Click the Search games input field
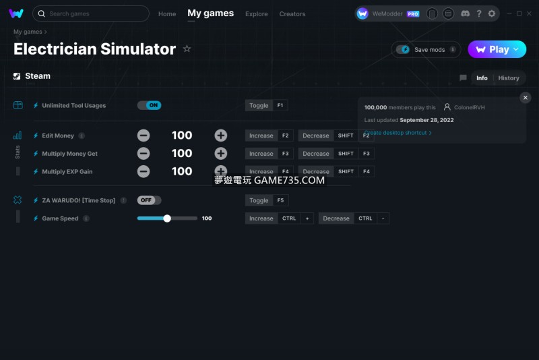(x=91, y=13)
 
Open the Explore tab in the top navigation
(x=257, y=14)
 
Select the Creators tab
(x=292, y=14)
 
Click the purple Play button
(x=497, y=49)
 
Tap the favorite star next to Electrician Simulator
(x=187, y=49)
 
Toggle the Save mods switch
(x=402, y=49)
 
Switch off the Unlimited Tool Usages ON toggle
(x=149, y=105)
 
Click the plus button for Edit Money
(x=221, y=136)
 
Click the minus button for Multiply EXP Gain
(x=144, y=171)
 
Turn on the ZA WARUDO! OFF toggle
(x=149, y=200)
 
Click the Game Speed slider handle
(x=167, y=218)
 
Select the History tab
(x=509, y=78)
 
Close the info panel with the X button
(x=526, y=98)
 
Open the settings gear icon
(x=492, y=13)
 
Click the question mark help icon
(x=479, y=13)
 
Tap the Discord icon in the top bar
(x=465, y=13)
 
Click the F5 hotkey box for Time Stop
(x=280, y=200)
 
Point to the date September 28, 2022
(x=426, y=120)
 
